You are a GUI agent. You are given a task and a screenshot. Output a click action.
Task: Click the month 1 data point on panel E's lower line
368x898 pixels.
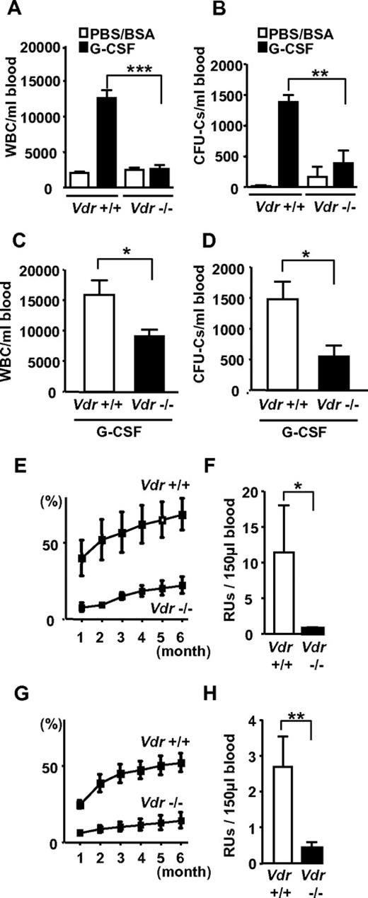82,607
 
